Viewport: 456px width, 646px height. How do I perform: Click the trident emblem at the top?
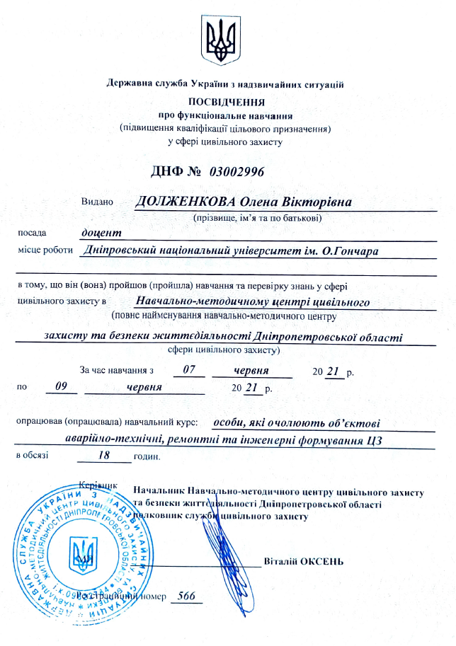[222, 40]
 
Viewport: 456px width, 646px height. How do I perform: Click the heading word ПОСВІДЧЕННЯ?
[227, 102]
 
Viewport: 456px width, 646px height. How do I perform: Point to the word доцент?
[102, 232]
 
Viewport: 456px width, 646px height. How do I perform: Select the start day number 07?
[188, 369]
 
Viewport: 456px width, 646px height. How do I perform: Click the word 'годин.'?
[147, 457]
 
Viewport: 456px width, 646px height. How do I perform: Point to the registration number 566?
[187, 596]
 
